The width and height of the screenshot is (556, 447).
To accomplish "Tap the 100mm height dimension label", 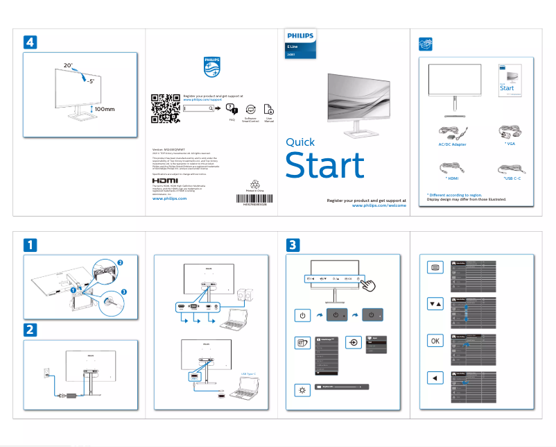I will point(104,109).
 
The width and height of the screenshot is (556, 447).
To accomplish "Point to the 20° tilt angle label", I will point(68,65).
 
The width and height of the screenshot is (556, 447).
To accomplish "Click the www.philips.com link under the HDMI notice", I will point(169,199).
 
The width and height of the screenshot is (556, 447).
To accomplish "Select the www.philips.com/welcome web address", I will point(374,206).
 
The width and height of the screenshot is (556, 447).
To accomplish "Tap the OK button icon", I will point(434,340).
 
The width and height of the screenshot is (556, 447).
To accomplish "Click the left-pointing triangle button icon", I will point(434,378).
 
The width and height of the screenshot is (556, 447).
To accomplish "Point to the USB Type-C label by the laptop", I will point(249,374).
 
